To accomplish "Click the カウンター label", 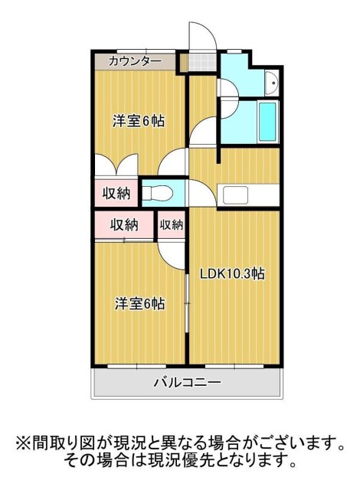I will tap(135, 60).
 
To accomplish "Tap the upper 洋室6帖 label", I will tap(139, 121).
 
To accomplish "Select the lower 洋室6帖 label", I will tap(139, 303).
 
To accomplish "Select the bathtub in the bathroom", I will tap(268, 120).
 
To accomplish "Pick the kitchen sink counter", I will tap(247, 194).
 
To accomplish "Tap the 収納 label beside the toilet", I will tap(116, 193).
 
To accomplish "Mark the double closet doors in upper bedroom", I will tap(116, 165).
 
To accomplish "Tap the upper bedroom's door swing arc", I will tap(175, 163).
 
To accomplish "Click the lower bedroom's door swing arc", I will tap(173, 251).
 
